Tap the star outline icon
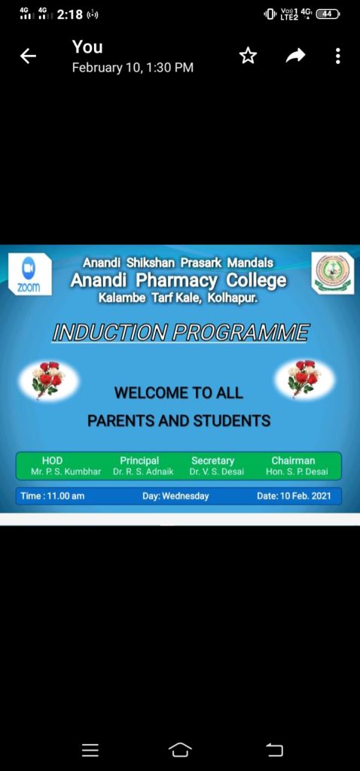tap(248, 56)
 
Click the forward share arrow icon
tap(295, 56)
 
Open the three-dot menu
tap(337, 56)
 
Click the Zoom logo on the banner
tap(30, 274)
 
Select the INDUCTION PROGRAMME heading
tap(181, 333)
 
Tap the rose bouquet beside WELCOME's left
tap(48, 378)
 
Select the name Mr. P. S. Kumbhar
tap(66, 472)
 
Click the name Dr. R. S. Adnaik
tap(143, 472)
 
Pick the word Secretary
tap(212, 461)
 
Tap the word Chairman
tap(293, 461)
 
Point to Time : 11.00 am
tap(52, 496)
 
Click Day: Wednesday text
tap(175, 496)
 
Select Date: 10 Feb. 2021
tap(294, 496)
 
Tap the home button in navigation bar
tap(180, 750)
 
